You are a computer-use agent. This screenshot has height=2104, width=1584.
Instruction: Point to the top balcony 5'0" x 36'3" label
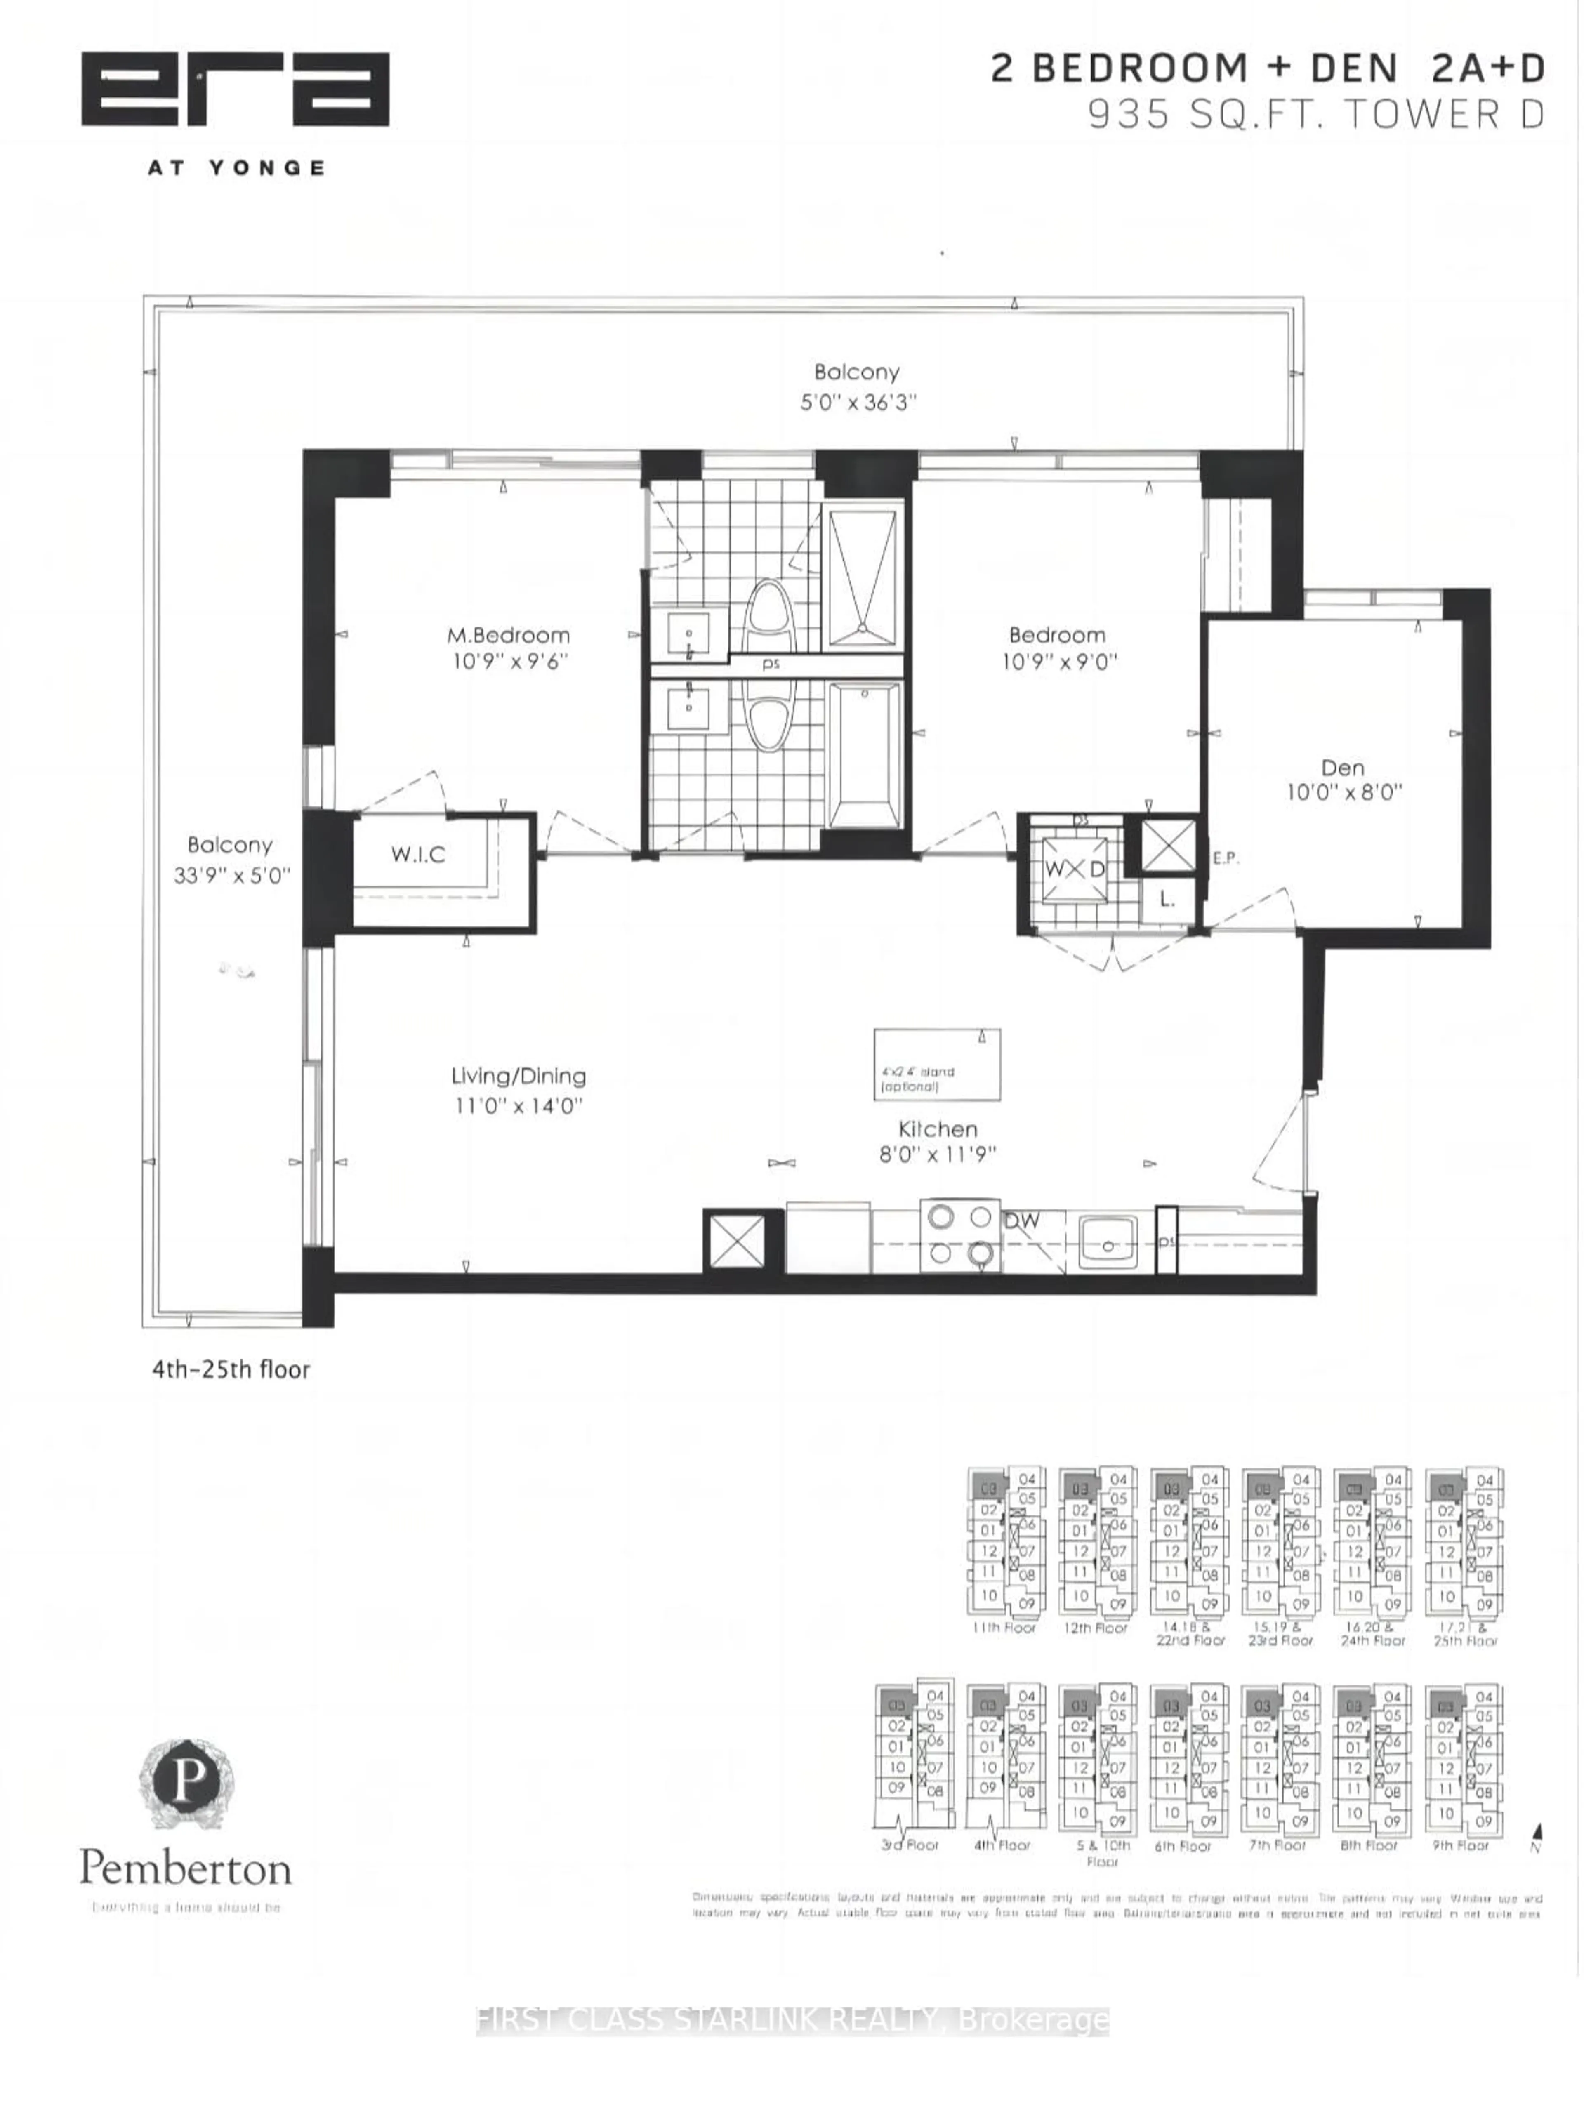click(856, 386)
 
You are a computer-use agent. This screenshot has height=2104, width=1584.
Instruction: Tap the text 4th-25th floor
click(231, 1369)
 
